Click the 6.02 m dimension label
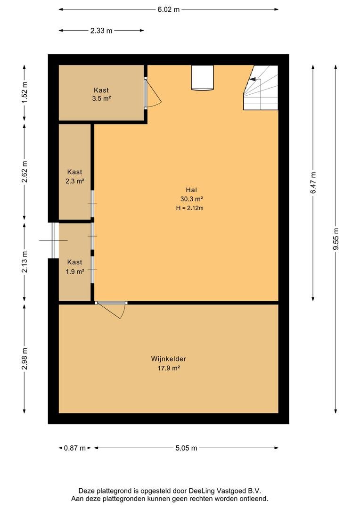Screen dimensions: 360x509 pos(169,9)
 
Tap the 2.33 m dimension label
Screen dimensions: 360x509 pos(101,31)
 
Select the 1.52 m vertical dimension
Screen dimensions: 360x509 pos(25,92)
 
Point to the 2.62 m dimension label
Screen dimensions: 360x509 pos(25,172)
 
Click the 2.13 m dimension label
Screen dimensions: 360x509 pos(25,262)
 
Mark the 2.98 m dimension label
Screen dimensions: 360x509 pos(25,359)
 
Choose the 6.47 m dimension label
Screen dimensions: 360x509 pos(313,183)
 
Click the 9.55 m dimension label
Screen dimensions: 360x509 pos(335,239)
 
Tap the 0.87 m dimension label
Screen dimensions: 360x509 pos(74,448)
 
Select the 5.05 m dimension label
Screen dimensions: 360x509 pos(186,448)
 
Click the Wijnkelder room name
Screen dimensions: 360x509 pos(169,359)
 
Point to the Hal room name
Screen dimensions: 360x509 pos(191,190)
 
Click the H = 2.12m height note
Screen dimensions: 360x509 pos(190,208)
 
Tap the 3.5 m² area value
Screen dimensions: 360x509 pos(101,99)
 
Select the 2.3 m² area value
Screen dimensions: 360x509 pos(74,181)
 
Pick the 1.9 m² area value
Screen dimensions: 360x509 pos(74,271)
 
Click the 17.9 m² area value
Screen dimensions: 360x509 pos(169,368)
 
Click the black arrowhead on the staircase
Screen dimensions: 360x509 pos(252,79)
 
